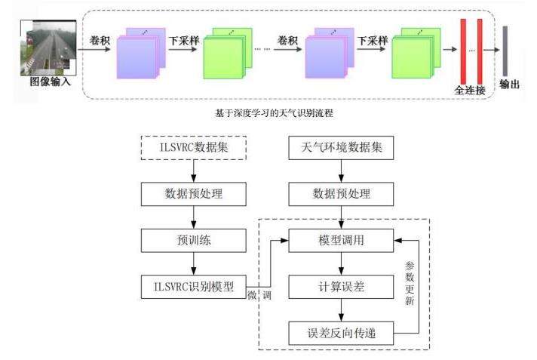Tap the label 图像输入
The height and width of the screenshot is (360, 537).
point(50,82)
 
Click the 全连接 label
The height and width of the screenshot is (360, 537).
point(469,89)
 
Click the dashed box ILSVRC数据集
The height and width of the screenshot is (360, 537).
point(194,148)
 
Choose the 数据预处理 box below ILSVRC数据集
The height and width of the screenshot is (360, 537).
point(194,194)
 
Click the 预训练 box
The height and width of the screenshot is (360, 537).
point(194,241)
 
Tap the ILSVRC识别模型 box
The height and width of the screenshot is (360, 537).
point(194,287)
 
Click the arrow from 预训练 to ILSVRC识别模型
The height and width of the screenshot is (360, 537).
point(194,264)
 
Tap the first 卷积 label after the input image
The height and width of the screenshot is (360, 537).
point(100,40)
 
